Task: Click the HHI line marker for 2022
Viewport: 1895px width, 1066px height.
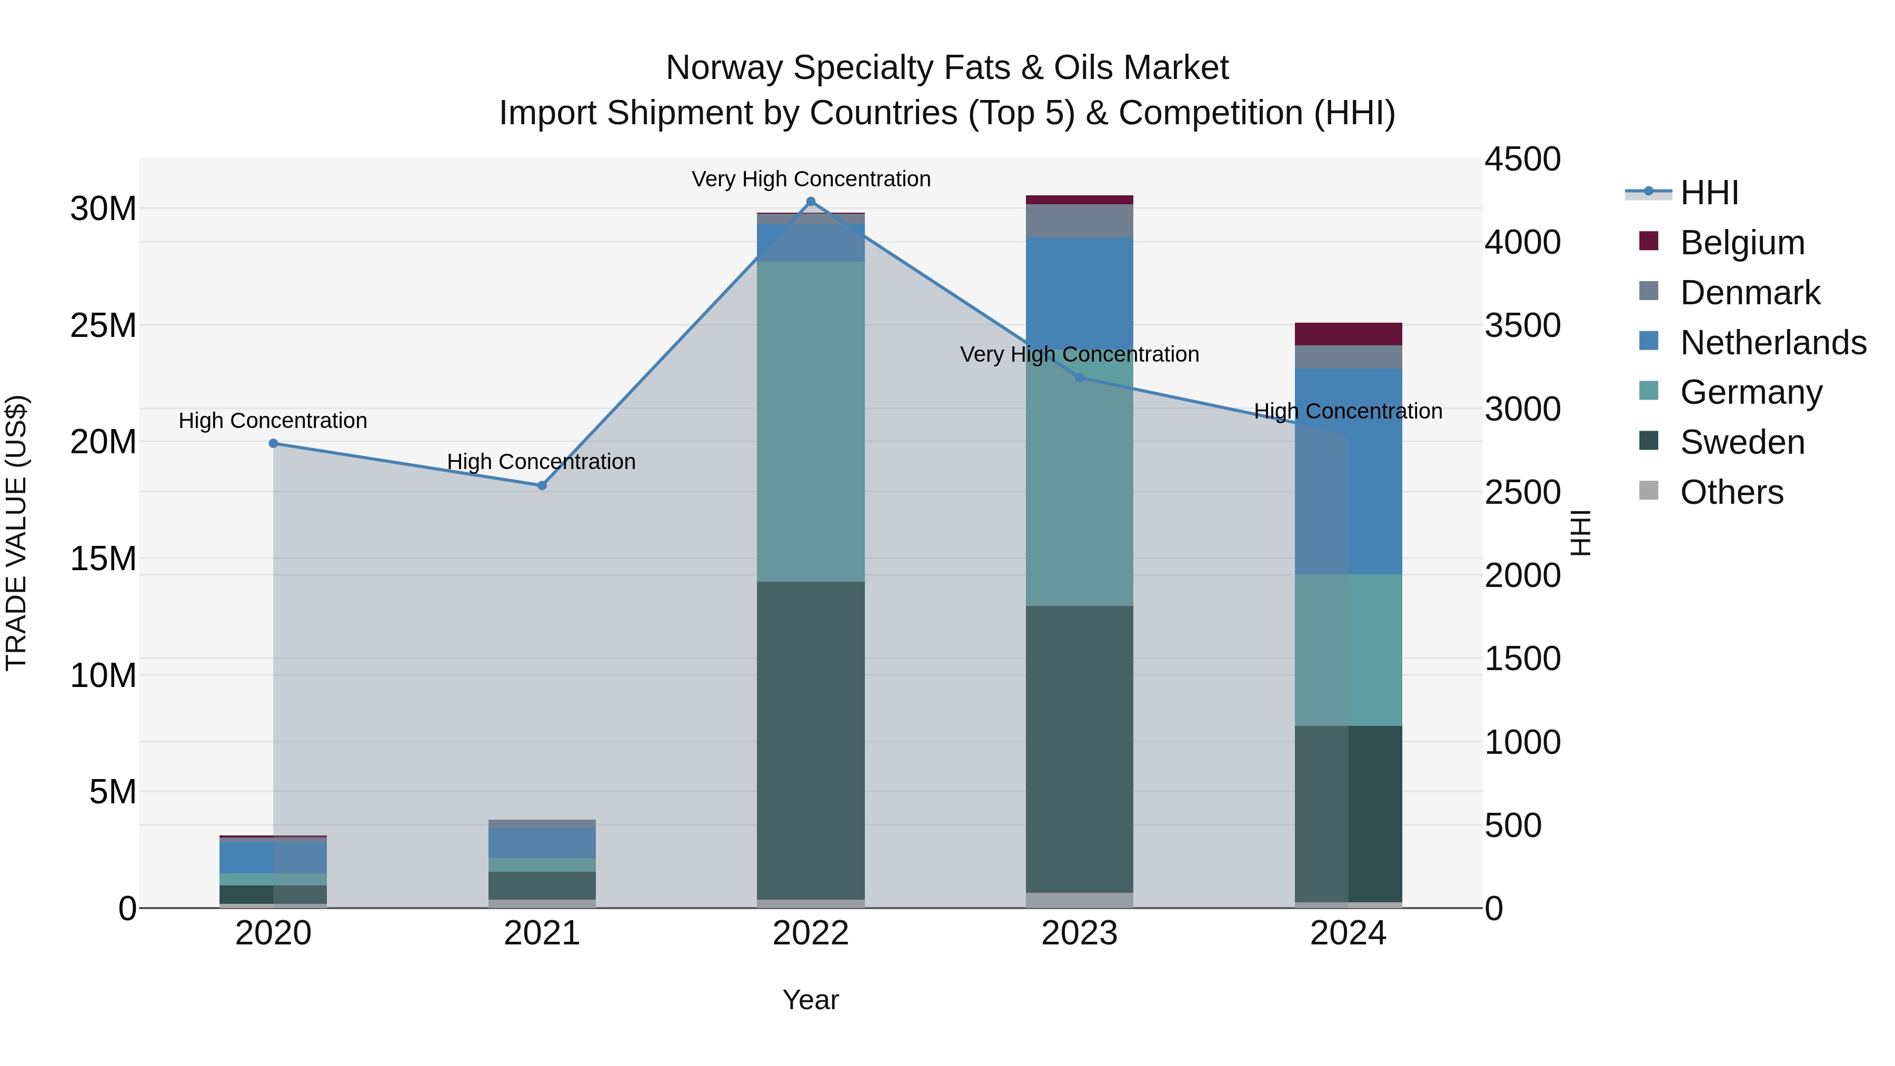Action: pyautogui.click(x=811, y=202)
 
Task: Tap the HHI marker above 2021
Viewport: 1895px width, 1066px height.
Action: pyautogui.click(x=542, y=485)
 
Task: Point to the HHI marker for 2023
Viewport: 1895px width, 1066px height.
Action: pyautogui.click(x=1079, y=377)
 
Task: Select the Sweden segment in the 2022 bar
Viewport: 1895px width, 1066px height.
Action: pyautogui.click(x=811, y=740)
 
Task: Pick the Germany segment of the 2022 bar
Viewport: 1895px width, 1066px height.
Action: pyautogui.click(x=811, y=422)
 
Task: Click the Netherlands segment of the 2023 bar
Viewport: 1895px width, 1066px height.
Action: pyautogui.click(x=1079, y=294)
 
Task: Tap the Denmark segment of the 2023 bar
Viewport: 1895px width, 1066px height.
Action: pyautogui.click(x=1079, y=221)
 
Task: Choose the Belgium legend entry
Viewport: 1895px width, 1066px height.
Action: pyautogui.click(x=1742, y=243)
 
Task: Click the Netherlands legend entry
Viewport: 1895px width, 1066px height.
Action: pyautogui.click(x=1773, y=343)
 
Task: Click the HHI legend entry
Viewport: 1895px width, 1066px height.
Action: pyautogui.click(x=1709, y=193)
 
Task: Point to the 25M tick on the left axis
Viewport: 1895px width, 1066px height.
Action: pyautogui.click(x=103, y=325)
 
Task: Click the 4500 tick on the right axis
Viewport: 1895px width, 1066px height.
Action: pyautogui.click(x=1522, y=159)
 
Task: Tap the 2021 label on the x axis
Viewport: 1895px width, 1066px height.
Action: pyautogui.click(x=542, y=933)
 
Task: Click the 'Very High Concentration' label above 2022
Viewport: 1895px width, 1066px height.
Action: pyautogui.click(x=811, y=179)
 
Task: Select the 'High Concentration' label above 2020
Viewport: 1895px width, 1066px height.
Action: pyautogui.click(x=273, y=421)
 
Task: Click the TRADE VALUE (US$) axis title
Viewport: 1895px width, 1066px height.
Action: pyautogui.click(x=16, y=533)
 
